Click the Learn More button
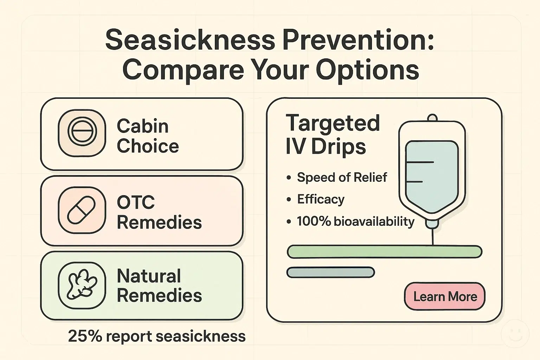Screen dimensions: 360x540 [445, 296]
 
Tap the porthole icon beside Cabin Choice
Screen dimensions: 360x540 [82, 133]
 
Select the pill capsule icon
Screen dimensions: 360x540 [82, 210]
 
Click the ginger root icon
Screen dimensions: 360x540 [82, 285]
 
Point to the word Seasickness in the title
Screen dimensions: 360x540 [190, 40]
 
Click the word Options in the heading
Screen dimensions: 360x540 [368, 70]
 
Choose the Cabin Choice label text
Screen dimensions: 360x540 [148, 136]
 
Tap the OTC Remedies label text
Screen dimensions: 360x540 [159, 212]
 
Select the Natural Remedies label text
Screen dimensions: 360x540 [159, 285]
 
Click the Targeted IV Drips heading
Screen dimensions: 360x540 [333, 134]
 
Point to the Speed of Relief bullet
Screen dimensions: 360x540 [342, 177]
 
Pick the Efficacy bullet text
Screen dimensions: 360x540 [321, 199]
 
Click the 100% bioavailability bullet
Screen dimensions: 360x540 [355, 221]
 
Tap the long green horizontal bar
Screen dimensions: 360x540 [384, 252]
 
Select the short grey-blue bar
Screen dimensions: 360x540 [330, 272]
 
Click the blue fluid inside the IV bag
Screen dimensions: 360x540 [432, 176]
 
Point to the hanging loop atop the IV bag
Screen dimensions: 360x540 [432, 117]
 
